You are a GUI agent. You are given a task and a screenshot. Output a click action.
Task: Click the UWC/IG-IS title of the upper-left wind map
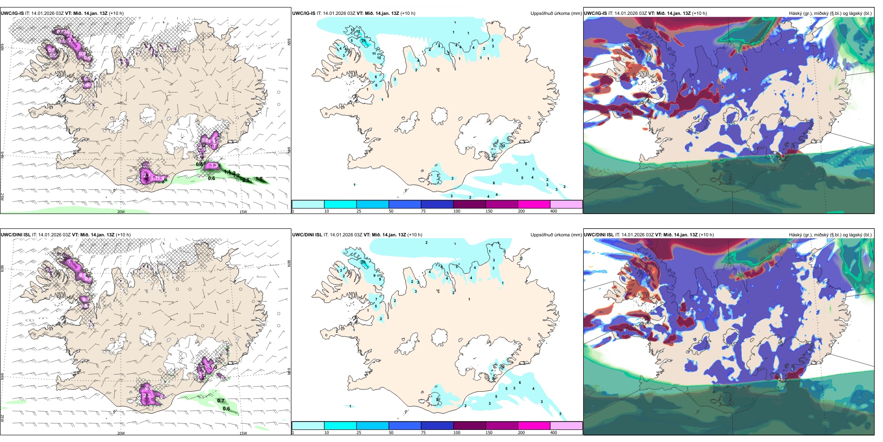point(12,13)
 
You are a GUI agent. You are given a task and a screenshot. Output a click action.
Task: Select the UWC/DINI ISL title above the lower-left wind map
point(15,235)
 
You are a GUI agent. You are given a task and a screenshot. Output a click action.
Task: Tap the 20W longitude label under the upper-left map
point(121,212)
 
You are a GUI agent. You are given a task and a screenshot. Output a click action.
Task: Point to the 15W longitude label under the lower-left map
point(243,433)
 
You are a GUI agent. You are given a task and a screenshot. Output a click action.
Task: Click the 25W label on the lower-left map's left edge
point(3,418)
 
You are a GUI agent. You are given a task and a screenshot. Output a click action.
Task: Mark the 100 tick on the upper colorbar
point(457,211)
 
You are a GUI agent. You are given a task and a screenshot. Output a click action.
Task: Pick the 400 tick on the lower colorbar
point(554,433)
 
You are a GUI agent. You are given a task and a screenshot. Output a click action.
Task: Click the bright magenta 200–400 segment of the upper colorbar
point(534,204)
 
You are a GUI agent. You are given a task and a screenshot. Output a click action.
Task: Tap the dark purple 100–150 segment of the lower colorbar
point(469,426)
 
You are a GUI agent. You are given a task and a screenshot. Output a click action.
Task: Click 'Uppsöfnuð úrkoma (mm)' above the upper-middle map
point(556,13)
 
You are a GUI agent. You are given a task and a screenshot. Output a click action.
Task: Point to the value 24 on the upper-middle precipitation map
point(363,41)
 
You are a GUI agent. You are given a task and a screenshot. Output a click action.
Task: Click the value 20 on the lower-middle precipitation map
point(362,262)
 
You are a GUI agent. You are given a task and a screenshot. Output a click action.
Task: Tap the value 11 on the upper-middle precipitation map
point(374,54)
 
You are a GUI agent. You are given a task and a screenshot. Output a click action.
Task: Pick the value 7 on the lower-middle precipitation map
point(376,299)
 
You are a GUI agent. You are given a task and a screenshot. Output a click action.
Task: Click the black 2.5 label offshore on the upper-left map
point(246,180)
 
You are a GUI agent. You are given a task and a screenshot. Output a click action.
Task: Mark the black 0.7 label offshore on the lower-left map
point(221,401)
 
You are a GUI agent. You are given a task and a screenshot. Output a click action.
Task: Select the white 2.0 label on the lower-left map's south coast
point(147,395)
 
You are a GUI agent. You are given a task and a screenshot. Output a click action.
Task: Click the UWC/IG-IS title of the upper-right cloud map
point(595,13)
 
